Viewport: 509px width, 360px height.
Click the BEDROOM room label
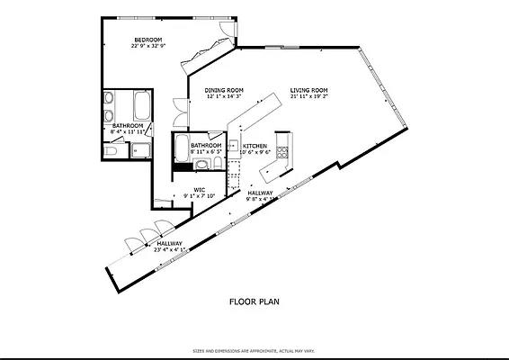click(x=147, y=40)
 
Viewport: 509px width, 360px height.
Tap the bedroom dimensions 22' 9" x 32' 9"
click(x=147, y=47)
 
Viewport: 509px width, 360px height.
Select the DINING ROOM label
click(x=224, y=90)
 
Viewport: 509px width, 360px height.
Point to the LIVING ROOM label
click(x=308, y=90)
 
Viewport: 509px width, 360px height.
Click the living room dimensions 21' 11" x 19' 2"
click(x=308, y=97)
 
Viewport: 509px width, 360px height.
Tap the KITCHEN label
click(x=254, y=146)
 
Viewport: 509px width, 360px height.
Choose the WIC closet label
click(x=200, y=189)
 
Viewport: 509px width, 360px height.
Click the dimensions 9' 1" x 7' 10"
click(x=200, y=196)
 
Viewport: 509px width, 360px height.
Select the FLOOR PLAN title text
click(x=254, y=301)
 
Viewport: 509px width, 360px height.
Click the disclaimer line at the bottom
click(x=254, y=351)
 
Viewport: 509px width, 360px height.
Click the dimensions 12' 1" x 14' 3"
click(x=224, y=97)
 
